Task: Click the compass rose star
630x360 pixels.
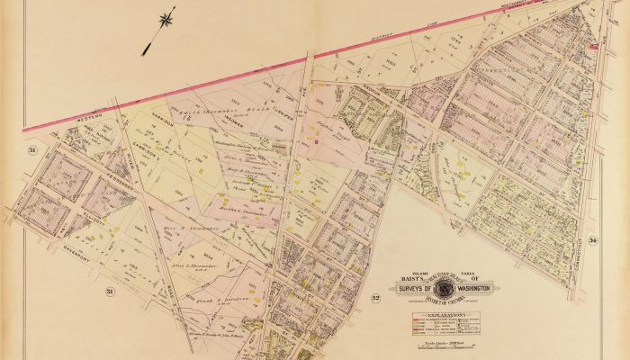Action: pos(166,17)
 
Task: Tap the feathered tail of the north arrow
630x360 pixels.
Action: pos(145,51)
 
